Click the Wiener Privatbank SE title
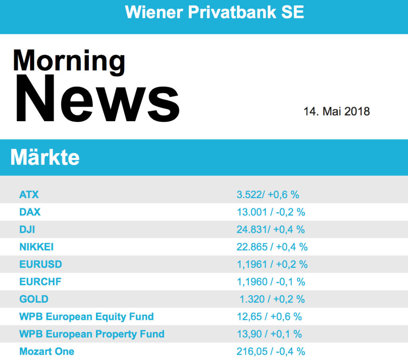coord(214,12)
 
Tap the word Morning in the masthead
coord(69,61)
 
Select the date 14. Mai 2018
coord(337,111)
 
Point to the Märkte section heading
coord(45,158)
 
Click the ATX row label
coord(29,195)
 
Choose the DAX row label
coord(30,212)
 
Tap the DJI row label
coord(27,230)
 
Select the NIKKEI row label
coord(36,247)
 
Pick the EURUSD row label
coord(41,264)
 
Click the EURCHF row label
coord(40,282)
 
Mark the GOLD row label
coord(34,299)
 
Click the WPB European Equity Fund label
coord(86,317)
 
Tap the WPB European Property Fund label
coord(92,334)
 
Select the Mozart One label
coord(47,351)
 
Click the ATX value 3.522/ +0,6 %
coord(268,195)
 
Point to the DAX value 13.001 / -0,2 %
coord(271,212)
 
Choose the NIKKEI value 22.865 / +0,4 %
coord(272,247)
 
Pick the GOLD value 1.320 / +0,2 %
coord(272,299)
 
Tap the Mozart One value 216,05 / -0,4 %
coord(271,351)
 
